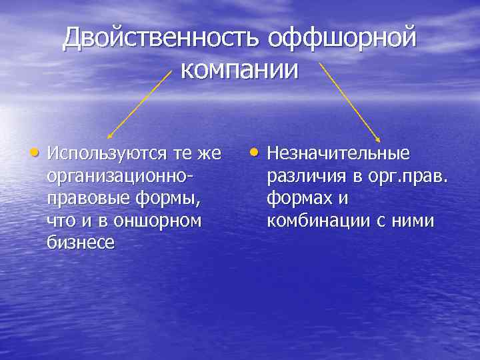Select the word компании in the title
pos(240,69)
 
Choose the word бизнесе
pos(81,243)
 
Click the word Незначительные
pos(338,154)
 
